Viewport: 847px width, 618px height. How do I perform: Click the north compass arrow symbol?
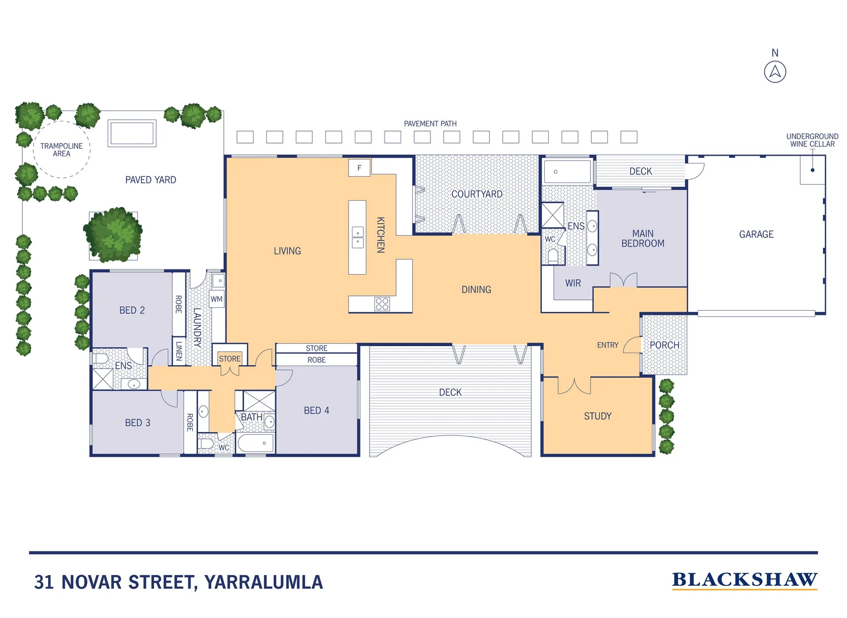(x=775, y=72)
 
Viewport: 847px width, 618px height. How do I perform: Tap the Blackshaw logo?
(x=744, y=580)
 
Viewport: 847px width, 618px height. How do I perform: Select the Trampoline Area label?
(x=61, y=150)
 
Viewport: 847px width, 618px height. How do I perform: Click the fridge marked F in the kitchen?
(x=359, y=168)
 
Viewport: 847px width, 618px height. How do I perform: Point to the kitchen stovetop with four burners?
(x=382, y=304)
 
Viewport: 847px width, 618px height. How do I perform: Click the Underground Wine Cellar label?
(x=812, y=140)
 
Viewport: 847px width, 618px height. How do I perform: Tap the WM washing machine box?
(x=216, y=299)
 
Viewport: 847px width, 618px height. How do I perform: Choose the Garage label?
(x=756, y=235)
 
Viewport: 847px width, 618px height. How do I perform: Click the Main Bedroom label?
(x=643, y=239)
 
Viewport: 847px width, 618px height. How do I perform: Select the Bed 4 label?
(x=316, y=411)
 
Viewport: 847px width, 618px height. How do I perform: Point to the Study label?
(x=597, y=417)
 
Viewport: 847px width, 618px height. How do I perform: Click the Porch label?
(x=664, y=345)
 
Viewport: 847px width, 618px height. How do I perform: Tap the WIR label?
(x=573, y=283)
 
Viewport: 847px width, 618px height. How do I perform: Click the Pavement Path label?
(x=430, y=124)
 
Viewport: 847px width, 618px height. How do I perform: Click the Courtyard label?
(x=477, y=195)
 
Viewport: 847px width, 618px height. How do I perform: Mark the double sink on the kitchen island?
(x=358, y=237)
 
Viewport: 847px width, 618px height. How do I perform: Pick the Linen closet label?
(x=179, y=351)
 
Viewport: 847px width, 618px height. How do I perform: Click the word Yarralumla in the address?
(x=264, y=582)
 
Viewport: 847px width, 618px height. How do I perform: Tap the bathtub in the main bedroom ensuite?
(x=567, y=172)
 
